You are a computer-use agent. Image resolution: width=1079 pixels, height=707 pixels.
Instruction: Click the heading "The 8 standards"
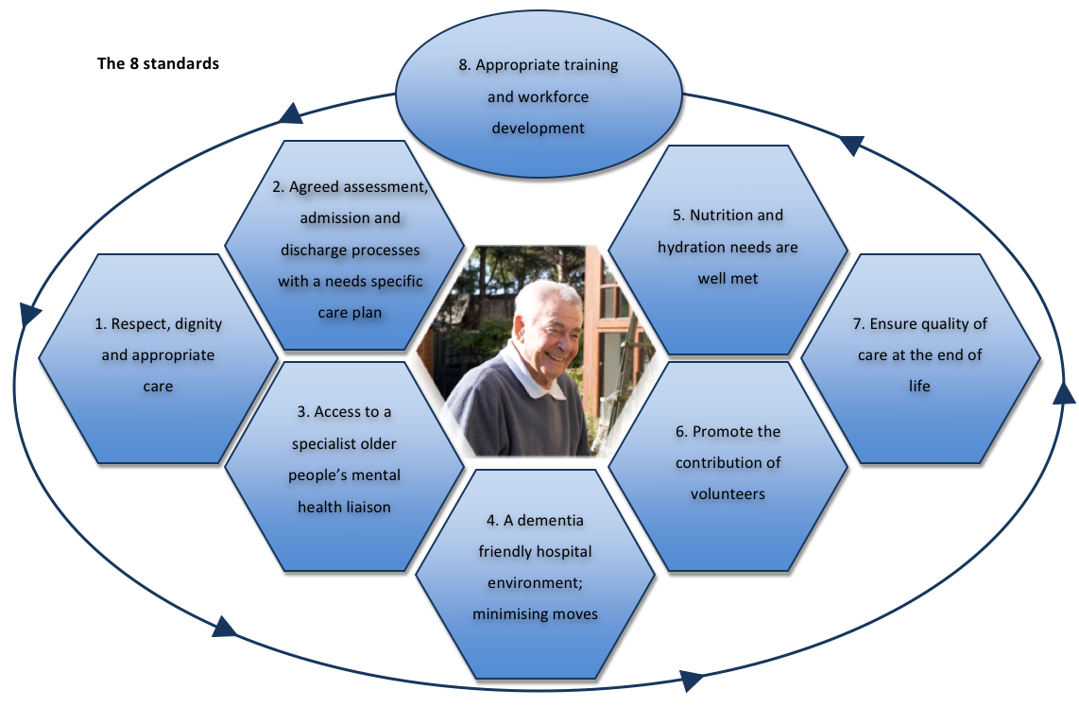(159, 64)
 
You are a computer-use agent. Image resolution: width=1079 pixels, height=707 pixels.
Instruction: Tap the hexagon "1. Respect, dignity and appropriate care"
(159, 357)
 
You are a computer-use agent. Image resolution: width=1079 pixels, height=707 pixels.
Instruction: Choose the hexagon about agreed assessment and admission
(350, 248)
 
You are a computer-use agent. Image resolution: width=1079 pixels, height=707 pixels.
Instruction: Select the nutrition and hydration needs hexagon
(727, 249)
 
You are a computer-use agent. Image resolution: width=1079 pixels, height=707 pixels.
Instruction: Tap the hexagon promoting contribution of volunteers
(727, 463)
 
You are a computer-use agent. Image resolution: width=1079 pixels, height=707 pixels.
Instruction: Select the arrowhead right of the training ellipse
(851, 145)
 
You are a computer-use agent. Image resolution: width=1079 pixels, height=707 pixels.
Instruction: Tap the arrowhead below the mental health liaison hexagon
(224, 626)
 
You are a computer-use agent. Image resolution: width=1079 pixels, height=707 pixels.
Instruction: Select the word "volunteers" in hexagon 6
(727, 493)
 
